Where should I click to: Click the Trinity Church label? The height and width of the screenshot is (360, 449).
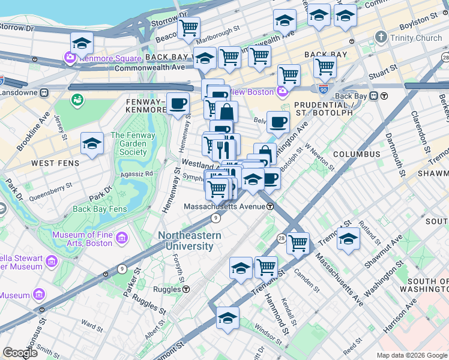coord(408,38)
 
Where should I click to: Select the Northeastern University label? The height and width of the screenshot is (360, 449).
coord(189,241)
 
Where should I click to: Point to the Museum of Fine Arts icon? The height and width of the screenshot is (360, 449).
coord(122,239)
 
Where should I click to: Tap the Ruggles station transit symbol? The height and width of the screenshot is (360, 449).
coord(187,289)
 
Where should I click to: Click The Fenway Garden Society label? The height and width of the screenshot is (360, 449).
coord(133,144)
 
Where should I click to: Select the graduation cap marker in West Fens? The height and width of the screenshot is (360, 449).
coord(92,144)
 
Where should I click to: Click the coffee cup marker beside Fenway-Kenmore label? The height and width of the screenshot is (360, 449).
coord(178,104)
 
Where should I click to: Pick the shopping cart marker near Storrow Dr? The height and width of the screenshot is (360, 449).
coord(189,27)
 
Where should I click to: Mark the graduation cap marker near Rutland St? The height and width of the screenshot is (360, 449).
coord(348,239)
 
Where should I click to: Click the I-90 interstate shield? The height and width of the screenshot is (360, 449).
coord(324,89)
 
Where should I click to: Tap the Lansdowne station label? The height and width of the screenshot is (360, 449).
coord(19,93)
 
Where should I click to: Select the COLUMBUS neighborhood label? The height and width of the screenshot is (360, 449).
coord(353,154)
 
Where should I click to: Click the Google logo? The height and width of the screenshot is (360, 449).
coord(20,353)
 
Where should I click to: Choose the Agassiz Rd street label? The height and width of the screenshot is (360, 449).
coord(139,173)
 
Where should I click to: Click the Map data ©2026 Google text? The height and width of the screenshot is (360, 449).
coord(411,355)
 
